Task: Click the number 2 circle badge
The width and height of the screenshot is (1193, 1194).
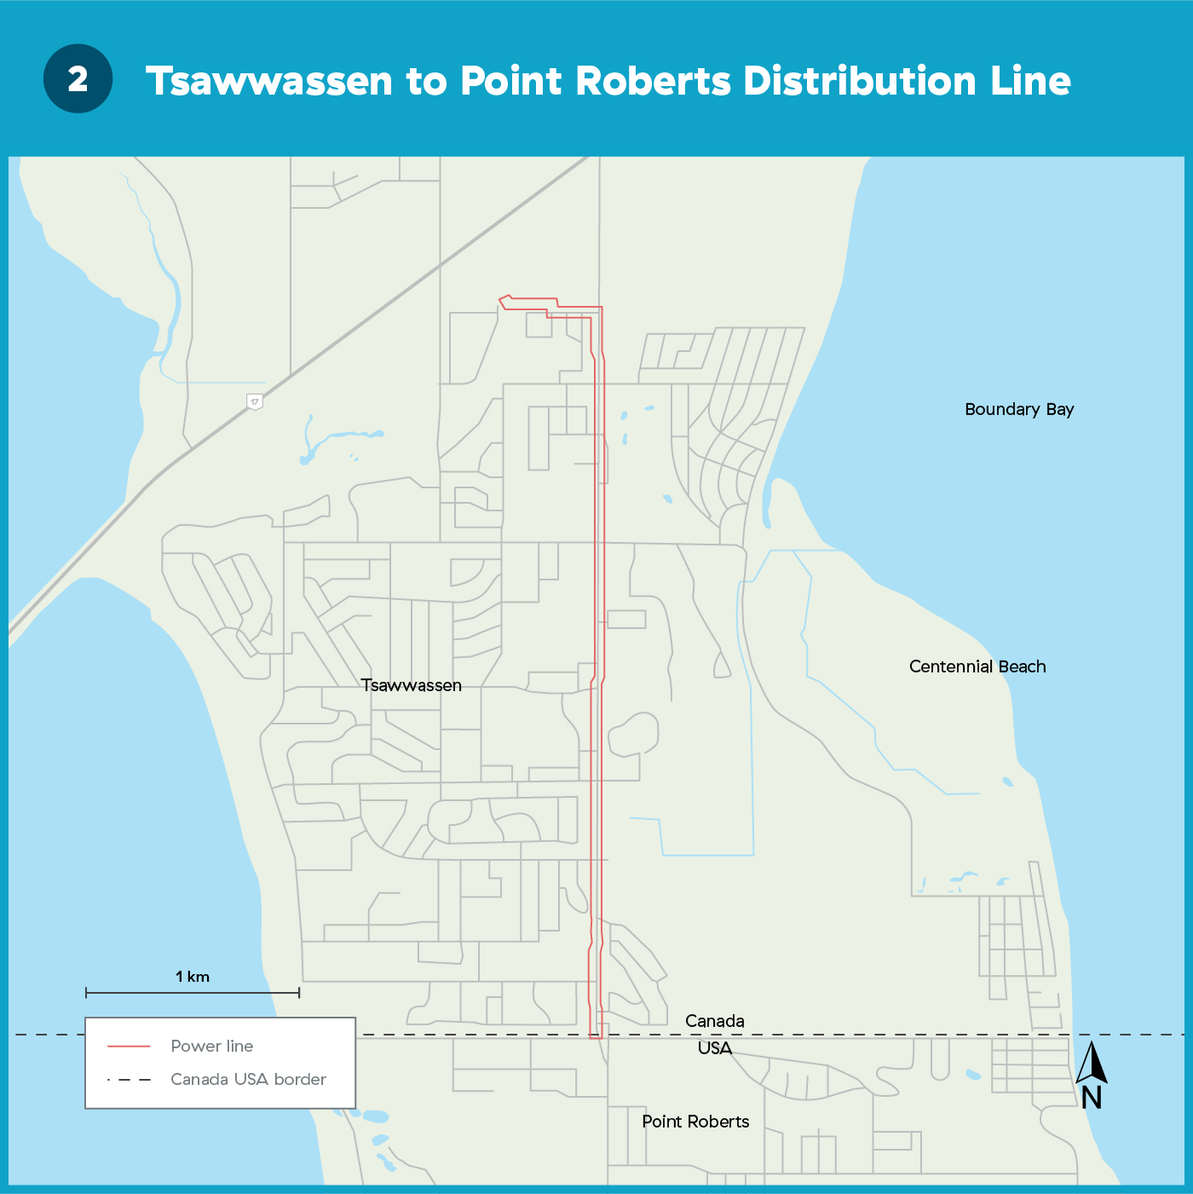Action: pos(78,79)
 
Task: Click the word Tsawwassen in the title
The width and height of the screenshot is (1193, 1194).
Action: pos(270,82)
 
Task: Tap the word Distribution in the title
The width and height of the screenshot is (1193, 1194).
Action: pos(860,82)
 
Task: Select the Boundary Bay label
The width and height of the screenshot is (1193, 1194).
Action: pos(1019,409)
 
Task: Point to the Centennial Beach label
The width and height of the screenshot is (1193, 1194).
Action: pos(977,666)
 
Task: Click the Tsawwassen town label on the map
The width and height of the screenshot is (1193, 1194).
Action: pos(411,685)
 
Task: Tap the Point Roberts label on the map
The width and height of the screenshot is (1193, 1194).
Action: pos(695,1122)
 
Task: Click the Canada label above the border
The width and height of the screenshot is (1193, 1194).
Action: pos(714,1021)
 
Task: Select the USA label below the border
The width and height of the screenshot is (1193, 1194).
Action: pos(714,1048)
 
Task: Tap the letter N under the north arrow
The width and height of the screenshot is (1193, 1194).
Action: pos(1092,1098)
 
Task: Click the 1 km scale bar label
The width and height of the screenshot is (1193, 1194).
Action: pos(193,977)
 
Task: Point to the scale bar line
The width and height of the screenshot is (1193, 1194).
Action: pos(193,993)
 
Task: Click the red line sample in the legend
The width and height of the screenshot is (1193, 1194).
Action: pos(129,1047)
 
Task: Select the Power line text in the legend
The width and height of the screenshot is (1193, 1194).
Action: pos(212,1046)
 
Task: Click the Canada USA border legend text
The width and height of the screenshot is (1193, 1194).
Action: pos(248,1079)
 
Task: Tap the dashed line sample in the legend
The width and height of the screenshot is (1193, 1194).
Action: pos(129,1080)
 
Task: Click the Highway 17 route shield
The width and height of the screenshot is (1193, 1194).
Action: pos(254,401)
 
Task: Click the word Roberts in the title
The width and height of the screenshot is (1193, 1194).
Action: pos(654,82)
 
